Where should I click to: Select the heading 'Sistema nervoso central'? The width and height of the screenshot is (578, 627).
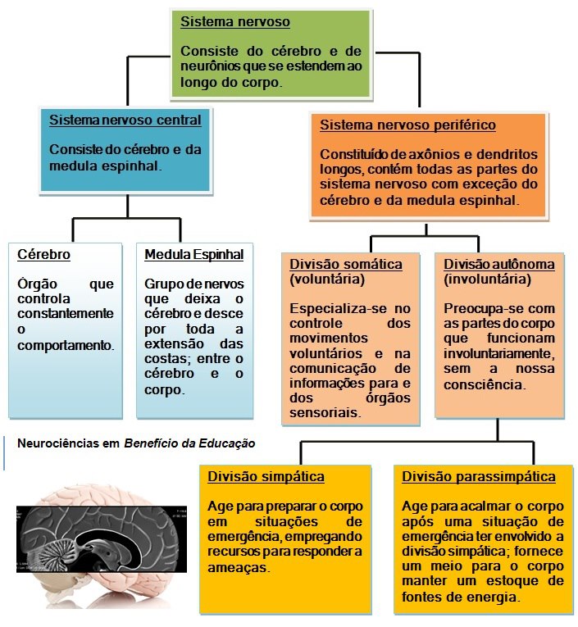125,120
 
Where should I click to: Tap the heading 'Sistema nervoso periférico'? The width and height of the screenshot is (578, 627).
407,125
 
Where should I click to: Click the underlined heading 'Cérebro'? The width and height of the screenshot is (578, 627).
43,255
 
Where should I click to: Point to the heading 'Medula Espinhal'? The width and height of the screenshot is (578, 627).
194,255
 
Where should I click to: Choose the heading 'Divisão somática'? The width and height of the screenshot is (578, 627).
345,265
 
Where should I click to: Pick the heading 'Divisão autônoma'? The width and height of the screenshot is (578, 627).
499,265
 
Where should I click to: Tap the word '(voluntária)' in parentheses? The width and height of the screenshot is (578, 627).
325,279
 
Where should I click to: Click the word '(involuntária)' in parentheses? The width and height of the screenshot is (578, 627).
487,279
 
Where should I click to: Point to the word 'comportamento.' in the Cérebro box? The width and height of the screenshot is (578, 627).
66,345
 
